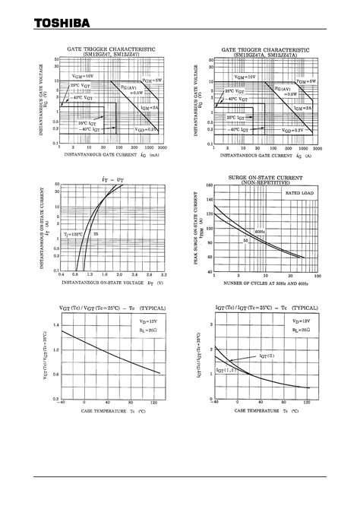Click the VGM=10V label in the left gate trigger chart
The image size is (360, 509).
(x=84, y=77)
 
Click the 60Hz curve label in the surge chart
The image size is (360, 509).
(x=261, y=231)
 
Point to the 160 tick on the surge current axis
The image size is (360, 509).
(x=208, y=185)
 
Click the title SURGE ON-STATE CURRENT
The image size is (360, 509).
(x=266, y=176)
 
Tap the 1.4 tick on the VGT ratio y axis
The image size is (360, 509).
(x=54, y=324)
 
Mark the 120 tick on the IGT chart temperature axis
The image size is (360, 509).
(x=307, y=403)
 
